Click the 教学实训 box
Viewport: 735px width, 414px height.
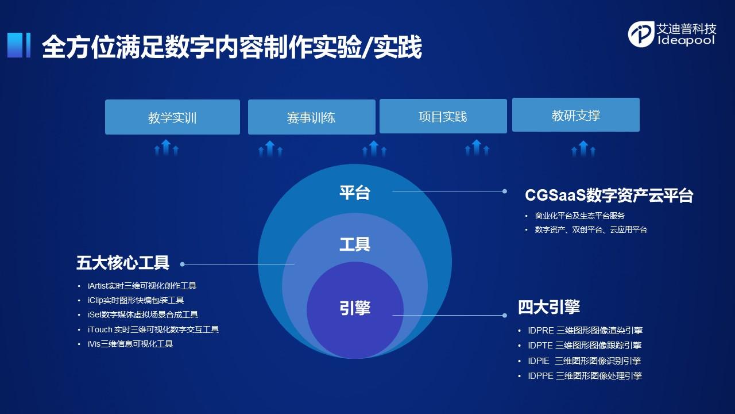(172, 117)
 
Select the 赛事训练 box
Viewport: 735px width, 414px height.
(311, 117)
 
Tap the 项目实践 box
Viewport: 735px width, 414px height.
(443, 116)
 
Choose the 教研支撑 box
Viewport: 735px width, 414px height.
(575, 114)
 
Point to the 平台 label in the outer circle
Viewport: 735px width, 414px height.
(355, 193)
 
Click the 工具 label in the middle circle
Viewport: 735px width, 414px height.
(355, 244)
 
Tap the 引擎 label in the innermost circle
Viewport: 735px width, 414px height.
(355, 308)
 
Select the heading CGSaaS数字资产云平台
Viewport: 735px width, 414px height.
(609, 195)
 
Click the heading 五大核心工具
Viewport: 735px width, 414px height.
(123, 263)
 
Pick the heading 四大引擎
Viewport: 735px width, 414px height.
(549, 307)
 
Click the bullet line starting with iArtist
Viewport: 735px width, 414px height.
(142, 286)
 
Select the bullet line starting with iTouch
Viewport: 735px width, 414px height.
(153, 329)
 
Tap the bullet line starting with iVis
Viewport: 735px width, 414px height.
(130, 344)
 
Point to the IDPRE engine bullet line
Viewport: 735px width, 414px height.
(585, 330)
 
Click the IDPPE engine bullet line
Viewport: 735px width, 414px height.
(585, 375)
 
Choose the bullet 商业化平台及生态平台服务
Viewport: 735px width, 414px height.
(580, 216)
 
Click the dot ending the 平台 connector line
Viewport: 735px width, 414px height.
(505, 191)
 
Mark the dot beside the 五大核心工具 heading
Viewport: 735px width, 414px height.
(183, 264)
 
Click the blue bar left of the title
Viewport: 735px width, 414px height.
(19, 45)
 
